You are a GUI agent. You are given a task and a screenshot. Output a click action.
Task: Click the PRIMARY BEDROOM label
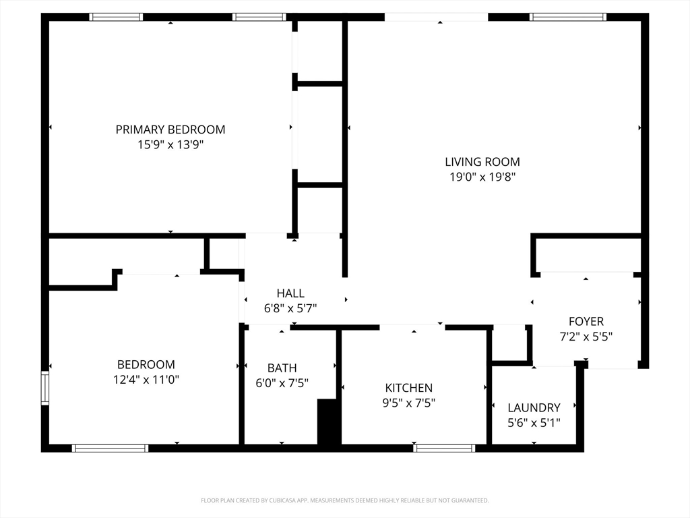170,129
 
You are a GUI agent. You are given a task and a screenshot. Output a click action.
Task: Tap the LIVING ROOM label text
482,162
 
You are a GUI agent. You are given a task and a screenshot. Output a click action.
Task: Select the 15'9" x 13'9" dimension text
170,144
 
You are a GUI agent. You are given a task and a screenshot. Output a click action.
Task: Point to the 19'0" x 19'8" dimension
482,177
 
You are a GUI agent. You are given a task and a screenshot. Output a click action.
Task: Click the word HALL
290,293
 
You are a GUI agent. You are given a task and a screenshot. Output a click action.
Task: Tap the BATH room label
282,368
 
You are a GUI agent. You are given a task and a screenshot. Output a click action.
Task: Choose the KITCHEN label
409,388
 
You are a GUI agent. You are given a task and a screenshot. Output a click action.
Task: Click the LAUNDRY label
534,408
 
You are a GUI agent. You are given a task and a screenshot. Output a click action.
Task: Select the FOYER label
586,322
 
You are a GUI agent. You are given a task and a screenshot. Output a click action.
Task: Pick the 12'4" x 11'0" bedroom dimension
146,380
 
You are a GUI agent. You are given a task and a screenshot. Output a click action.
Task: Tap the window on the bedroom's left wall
45,388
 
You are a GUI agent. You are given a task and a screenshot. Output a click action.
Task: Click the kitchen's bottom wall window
444,449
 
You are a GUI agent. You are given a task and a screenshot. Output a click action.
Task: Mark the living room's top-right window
567,17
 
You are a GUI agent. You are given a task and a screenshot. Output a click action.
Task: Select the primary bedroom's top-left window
116,17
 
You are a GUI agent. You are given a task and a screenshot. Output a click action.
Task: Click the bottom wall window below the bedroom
110,449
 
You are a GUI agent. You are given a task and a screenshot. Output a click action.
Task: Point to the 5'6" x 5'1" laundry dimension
534,423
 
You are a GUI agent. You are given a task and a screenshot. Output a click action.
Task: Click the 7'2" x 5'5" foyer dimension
586,337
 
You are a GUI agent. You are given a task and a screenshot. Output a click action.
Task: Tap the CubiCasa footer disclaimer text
344,500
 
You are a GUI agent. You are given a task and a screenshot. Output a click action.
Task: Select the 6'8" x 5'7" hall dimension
290,308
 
